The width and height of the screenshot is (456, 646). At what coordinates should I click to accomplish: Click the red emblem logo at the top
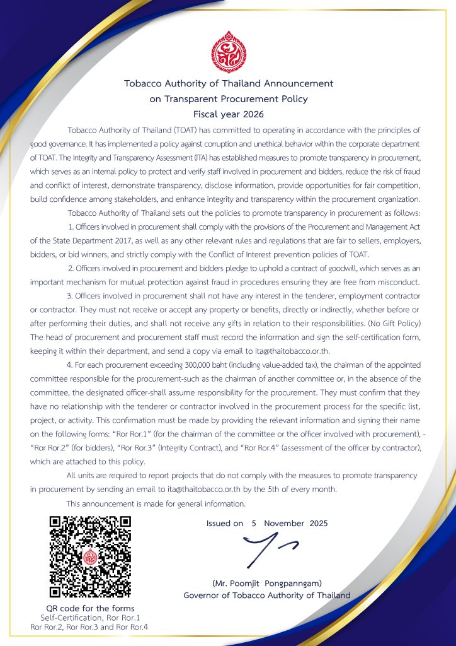pyautogui.click(x=228, y=51)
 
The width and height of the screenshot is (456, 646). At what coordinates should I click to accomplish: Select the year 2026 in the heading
pyautogui.click(x=251, y=114)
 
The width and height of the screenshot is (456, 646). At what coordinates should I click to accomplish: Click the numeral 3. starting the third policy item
pyautogui.click(x=69, y=295)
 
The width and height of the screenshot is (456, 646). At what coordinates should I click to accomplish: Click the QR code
pyautogui.click(x=90, y=557)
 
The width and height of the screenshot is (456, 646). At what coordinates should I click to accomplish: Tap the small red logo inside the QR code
pyautogui.click(x=90, y=557)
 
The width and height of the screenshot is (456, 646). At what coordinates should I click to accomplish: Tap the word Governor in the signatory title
pyautogui.click(x=203, y=596)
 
